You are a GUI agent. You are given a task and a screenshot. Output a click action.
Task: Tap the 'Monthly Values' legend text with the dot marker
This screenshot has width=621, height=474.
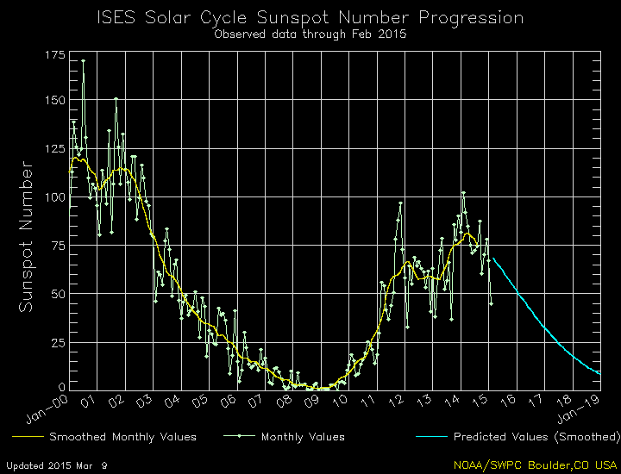[303, 437]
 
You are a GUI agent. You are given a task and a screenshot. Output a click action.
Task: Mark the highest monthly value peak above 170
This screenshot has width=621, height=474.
[83, 60]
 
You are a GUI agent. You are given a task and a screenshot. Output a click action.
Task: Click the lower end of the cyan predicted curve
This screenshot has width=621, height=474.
[599, 373]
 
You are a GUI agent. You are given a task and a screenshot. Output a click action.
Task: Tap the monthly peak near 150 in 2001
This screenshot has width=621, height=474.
[116, 99]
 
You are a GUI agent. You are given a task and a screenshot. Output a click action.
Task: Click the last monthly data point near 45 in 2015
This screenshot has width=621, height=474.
[491, 303]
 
